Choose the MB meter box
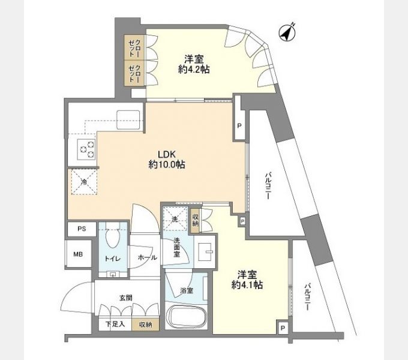coord(79,254)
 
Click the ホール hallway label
coord(146,257)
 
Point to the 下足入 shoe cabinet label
coord(115,325)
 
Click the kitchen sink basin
coord(128,118)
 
